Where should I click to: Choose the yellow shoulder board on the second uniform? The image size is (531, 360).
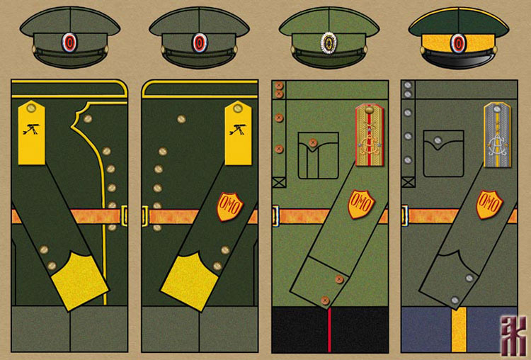(238, 125)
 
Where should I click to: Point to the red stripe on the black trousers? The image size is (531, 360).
(329, 330)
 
